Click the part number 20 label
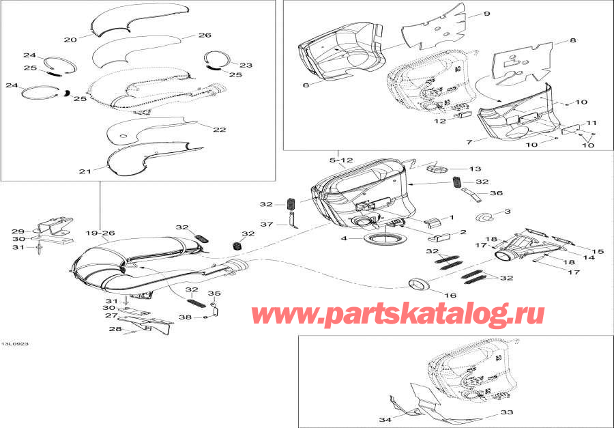pos(70,40)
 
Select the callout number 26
pos(205,35)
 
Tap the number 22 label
pos(219,129)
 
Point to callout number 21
pos(84,172)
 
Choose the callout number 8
pos(573,41)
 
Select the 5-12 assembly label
pos(341,160)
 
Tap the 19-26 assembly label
pos(100,232)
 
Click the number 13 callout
pos(475,169)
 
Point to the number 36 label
pos(497,193)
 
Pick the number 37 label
pos(266,224)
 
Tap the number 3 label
pos(507,212)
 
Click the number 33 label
pos(506,412)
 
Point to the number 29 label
pos(18,231)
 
